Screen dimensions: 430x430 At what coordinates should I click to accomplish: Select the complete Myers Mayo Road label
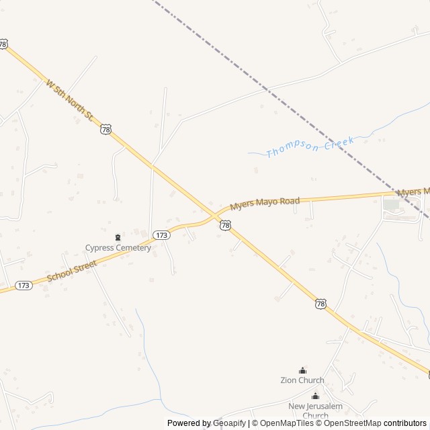coord(265,203)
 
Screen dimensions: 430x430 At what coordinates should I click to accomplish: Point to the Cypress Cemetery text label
coord(118,248)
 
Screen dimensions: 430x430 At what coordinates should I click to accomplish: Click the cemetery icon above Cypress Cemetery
coord(118,236)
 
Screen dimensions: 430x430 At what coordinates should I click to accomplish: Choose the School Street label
coord(73,271)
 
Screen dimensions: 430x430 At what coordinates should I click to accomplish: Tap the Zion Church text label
coord(302,380)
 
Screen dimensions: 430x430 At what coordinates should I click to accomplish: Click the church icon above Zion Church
coord(302,370)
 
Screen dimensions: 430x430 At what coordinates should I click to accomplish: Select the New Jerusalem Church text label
coord(315,411)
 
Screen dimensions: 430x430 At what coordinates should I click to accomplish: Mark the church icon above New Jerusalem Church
coord(315,396)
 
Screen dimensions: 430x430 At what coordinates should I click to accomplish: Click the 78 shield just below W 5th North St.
coord(105,129)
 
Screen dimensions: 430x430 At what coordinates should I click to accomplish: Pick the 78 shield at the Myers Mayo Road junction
coord(225,226)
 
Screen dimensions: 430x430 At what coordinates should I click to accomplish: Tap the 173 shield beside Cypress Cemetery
coord(161,235)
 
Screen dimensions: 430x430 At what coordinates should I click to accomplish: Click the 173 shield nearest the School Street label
coord(24,286)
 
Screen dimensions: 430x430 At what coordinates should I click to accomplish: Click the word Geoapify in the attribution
coord(229,423)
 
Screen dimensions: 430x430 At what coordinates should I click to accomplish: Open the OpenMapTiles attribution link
coord(282,423)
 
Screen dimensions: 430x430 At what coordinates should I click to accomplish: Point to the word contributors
coord(405,423)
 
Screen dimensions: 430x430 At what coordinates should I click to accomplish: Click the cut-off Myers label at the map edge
coord(413,192)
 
